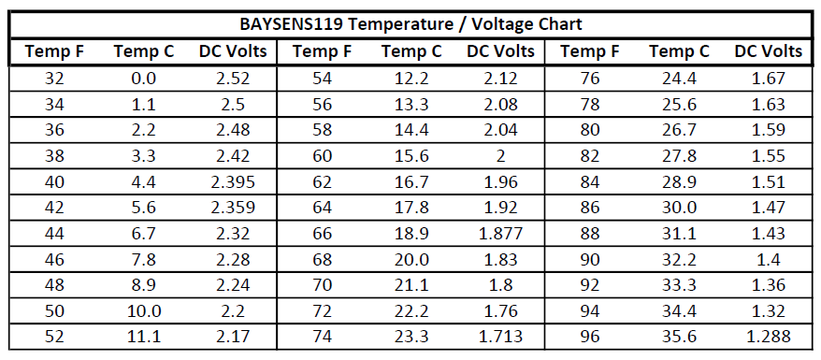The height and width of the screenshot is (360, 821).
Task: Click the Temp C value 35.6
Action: (x=680, y=336)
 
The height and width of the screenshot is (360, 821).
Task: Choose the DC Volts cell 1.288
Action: (x=770, y=336)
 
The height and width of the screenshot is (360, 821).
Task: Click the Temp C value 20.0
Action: (x=411, y=258)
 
